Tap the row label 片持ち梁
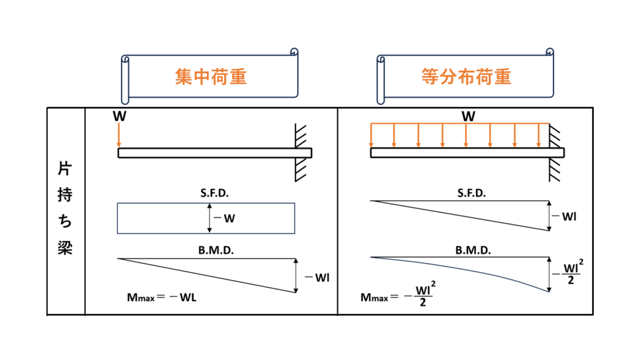coord(66,209)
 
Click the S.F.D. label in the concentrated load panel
coord(206,194)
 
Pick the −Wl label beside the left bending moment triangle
coord(318,276)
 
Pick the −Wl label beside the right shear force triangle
coord(566,216)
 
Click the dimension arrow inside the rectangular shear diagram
coord(209,218)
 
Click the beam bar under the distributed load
coord(467,153)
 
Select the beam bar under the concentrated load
coord(214,153)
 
